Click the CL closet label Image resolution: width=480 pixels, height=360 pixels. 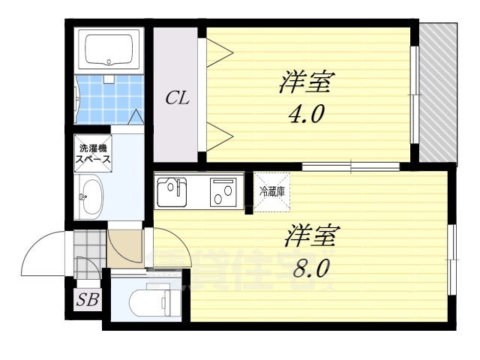coord(176,98)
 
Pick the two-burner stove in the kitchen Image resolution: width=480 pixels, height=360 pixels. coord(223,192)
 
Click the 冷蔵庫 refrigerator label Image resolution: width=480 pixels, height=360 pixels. coord(271,191)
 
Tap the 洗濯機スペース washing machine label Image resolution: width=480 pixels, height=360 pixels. coord(93,153)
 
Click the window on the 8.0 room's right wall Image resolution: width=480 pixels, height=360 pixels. coord(451,259)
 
